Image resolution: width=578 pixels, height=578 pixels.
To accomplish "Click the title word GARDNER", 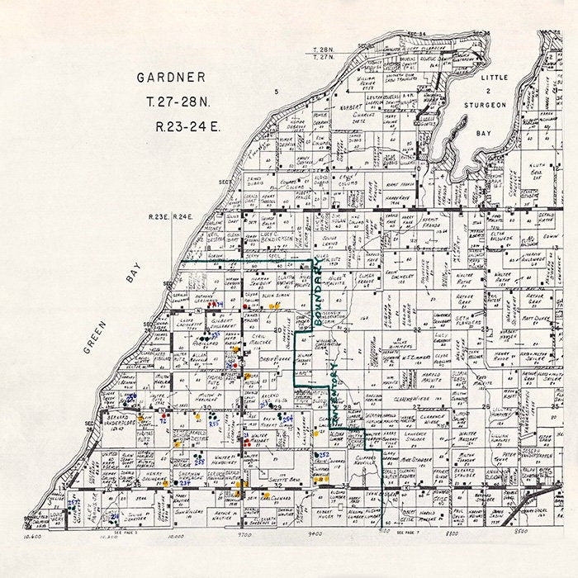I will coord(171,78).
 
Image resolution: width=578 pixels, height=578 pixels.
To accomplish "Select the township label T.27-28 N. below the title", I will coord(171,103).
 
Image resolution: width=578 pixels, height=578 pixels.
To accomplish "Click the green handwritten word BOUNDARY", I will coord(319,295).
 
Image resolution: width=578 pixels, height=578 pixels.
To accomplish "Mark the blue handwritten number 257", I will coord(73,503).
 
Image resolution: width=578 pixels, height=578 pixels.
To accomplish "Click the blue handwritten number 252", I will coord(325,455).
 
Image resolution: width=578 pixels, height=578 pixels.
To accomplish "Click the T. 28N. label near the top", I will coord(323,51).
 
